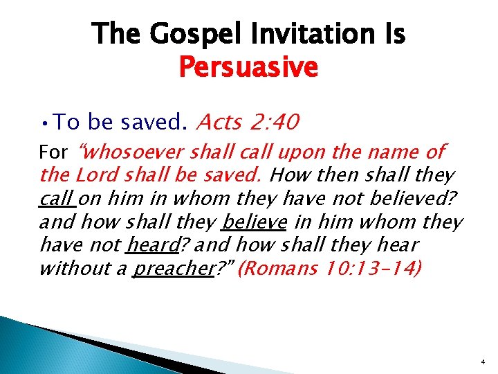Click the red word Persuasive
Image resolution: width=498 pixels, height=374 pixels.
[x=248, y=67]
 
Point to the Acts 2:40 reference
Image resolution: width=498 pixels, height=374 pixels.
[x=248, y=123]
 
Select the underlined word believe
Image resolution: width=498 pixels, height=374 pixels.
[x=253, y=222]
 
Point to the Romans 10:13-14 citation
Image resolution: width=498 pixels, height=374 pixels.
[x=328, y=269]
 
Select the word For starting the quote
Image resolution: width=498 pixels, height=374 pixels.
[x=54, y=152]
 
